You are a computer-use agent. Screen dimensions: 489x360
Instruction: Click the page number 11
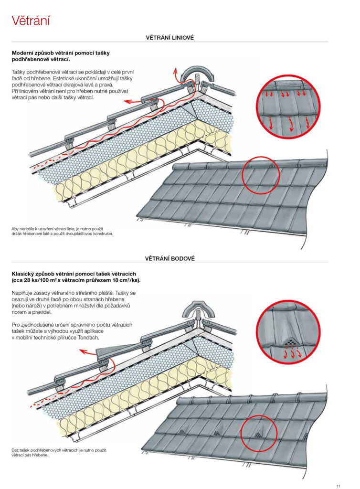coord(338,486)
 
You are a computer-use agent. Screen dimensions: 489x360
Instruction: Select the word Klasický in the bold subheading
coord(25,273)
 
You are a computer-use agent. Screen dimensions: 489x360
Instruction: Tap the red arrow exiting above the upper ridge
coord(175,74)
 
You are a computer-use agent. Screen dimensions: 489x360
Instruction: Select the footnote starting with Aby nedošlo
coord(62,231)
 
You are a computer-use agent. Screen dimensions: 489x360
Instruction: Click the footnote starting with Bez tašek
coord(58,452)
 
